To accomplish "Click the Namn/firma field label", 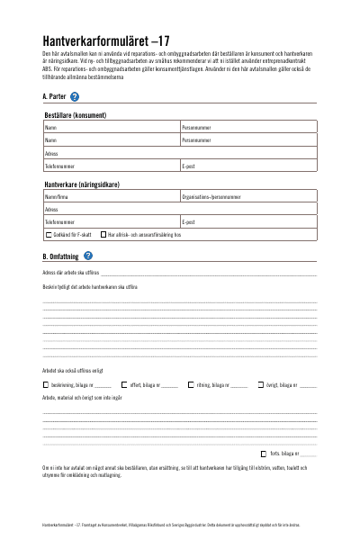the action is click(57, 195).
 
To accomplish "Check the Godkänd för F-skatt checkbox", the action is click(48, 234).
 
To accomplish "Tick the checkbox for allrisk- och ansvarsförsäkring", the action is click(103, 234).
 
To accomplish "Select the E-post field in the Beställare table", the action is click(248, 166).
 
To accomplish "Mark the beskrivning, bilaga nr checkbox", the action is click(46, 384).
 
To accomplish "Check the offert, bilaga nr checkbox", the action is click(123, 384).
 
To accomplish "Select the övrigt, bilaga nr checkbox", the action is click(260, 384).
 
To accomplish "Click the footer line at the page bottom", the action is click(180, 522).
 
